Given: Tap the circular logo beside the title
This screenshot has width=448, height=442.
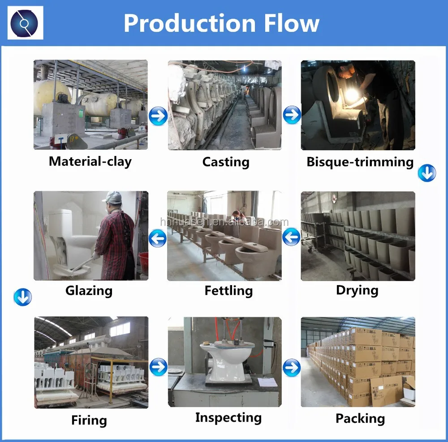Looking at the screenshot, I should [x=26, y=22].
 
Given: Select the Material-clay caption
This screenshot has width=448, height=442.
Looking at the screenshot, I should [x=90, y=161].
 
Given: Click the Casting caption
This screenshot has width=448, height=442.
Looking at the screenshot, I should [x=225, y=162].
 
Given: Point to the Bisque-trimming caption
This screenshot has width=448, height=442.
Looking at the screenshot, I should [x=360, y=162].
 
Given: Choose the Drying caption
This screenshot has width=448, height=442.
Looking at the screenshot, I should [x=357, y=290].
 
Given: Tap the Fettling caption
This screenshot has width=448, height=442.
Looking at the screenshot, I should [x=228, y=290].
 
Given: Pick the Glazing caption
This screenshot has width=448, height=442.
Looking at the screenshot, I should [x=89, y=290].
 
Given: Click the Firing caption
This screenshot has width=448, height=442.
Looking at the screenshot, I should [x=89, y=420].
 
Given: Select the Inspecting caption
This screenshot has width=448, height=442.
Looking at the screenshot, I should [x=228, y=418].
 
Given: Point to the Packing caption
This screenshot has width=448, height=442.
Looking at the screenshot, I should [x=360, y=419].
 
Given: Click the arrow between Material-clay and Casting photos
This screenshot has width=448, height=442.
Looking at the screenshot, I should [x=158, y=116].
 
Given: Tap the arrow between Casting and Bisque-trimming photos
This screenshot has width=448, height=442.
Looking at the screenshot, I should [x=292, y=115].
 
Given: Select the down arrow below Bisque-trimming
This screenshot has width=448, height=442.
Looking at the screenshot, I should [x=426, y=173].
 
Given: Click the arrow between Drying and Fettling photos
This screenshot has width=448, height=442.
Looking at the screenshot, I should [x=292, y=237].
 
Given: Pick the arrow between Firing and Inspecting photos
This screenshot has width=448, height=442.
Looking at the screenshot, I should [x=158, y=367].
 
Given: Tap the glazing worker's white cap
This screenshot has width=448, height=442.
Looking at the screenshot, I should [x=112, y=197].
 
